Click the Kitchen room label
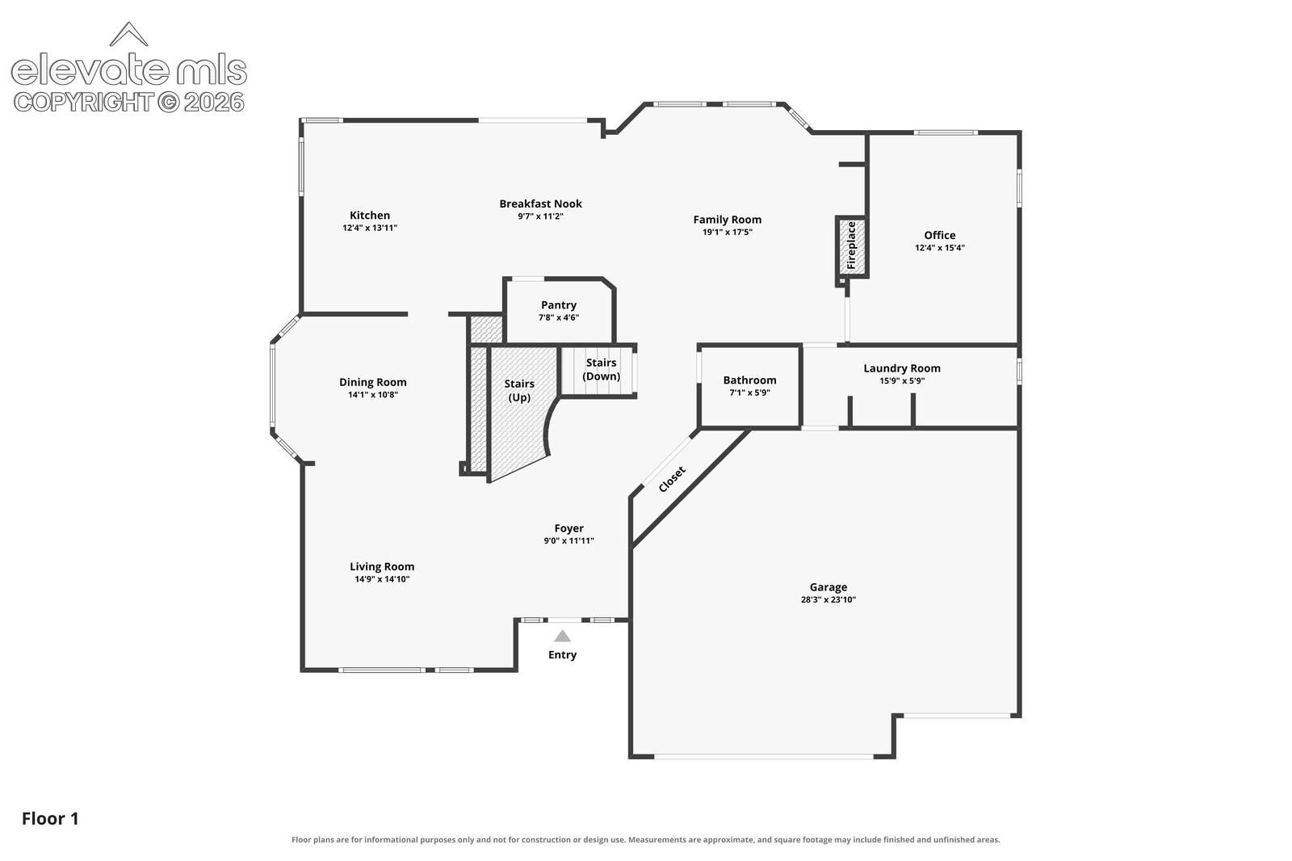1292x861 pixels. pos(370,215)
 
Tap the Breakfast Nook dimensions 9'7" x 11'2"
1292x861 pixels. pos(540,216)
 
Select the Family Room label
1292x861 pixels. pos(728,220)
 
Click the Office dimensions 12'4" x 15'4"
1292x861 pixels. pos(940,248)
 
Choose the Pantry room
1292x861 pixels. pos(559,311)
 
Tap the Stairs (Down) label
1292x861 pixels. pos(601,369)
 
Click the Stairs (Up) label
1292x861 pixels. pos(519,391)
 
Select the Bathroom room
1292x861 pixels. pos(750,387)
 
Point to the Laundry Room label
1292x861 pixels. pos(902,368)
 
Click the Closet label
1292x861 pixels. pos(672,480)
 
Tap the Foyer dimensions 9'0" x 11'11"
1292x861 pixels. pos(568,540)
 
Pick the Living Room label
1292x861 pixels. pos(382,567)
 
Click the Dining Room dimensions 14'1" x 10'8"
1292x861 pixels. pos(372,395)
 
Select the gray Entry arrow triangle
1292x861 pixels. pos(562,636)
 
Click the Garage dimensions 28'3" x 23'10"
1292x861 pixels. pos(828,599)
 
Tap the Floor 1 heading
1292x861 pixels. pos(50,819)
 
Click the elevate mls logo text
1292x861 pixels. pos(129,70)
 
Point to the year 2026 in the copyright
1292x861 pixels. pos(214,103)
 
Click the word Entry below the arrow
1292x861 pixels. pos(562,654)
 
